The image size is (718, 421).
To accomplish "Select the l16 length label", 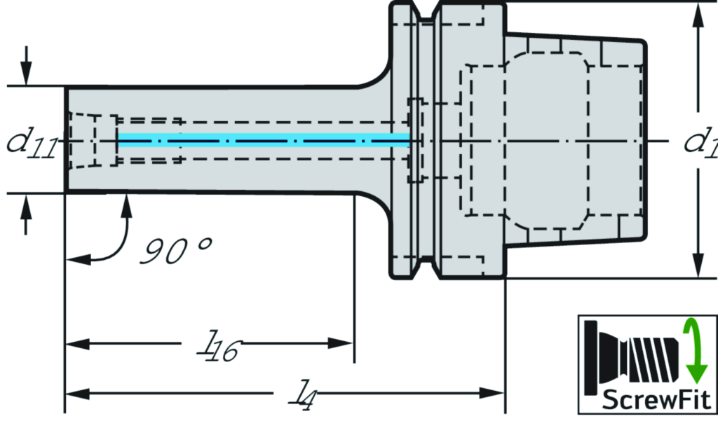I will click(x=217, y=347).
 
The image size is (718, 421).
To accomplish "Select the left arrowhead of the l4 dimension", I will click(x=76, y=392).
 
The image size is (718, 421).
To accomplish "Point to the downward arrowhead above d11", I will click(x=26, y=74).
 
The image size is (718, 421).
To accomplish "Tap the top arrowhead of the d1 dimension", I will click(x=698, y=15).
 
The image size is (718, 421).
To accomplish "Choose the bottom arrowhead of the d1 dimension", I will click(x=698, y=266).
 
